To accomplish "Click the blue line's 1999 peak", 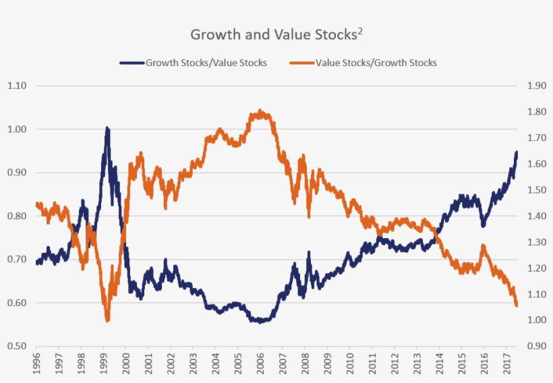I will (107, 128).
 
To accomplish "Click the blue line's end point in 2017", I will (517, 153).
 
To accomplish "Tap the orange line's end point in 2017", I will (517, 305).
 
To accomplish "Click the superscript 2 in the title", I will (360, 30).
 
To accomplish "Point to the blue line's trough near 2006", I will (260, 322).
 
